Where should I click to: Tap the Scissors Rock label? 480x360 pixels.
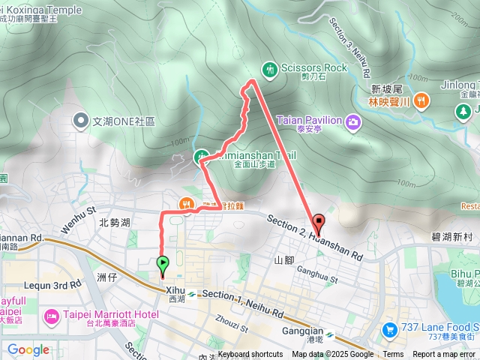click(x=314, y=67)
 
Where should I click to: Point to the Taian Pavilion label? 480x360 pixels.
click(x=309, y=120)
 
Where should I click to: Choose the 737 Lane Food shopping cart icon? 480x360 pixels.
click(x=389, y=328)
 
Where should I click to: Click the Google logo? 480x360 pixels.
click(x=28, y=349)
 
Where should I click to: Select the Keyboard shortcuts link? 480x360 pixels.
click(x=250, y=355)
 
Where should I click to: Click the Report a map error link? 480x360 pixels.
click(x=444, y=355)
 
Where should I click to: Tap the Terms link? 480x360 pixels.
click(x=393, y=355)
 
